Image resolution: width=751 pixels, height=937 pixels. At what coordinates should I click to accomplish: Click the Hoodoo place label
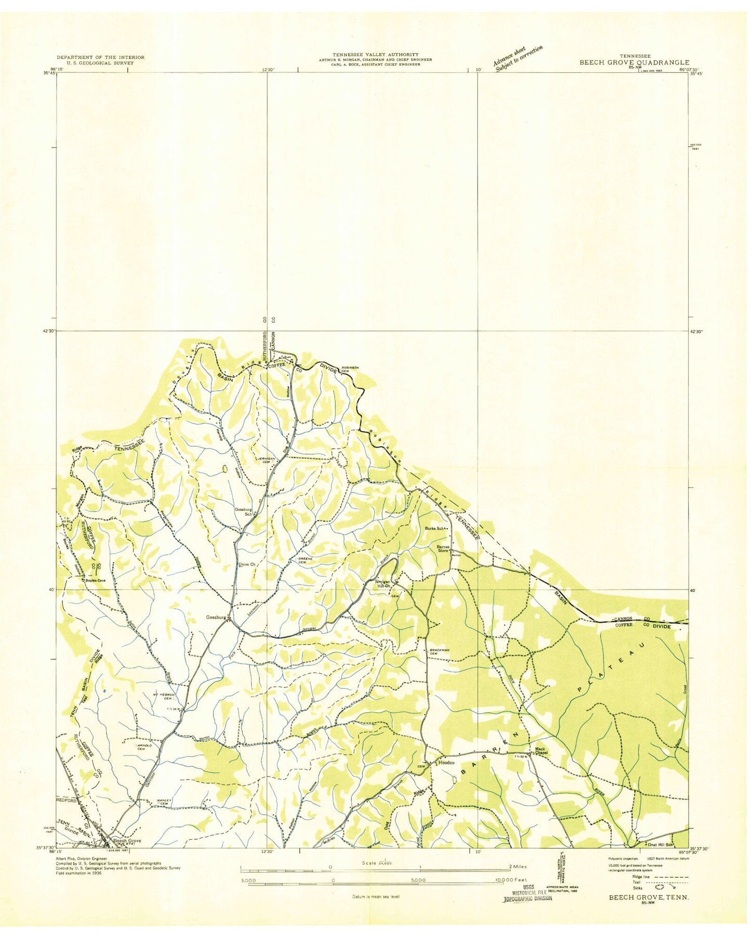(447, 763)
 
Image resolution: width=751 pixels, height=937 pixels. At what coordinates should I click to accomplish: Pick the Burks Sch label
(435, 529)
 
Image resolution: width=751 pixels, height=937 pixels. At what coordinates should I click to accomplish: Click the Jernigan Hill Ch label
(383, 584)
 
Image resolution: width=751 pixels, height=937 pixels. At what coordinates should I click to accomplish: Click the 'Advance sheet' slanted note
(518, 58)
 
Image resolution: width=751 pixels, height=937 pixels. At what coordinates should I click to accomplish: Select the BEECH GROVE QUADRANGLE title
(635, 62)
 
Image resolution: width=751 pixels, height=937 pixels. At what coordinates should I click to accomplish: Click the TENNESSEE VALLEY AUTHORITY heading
(375, 54)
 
